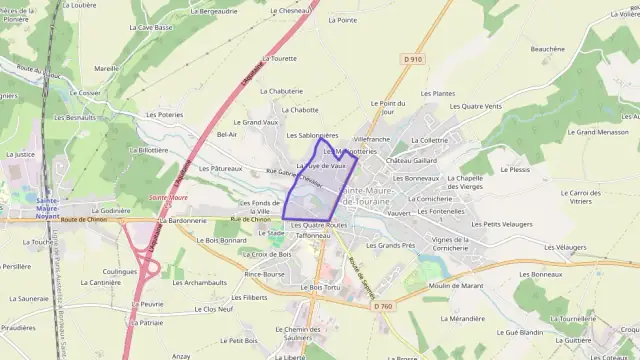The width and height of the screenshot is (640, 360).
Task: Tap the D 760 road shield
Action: (x=382, y=305)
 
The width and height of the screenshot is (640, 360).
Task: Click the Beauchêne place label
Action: (x=548, y=48)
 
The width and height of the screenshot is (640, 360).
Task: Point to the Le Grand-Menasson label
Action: (x=598, y=132)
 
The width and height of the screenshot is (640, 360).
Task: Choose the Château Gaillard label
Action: (x=412, y=160)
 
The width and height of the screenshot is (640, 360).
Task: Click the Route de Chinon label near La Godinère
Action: (x=83, y=220)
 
